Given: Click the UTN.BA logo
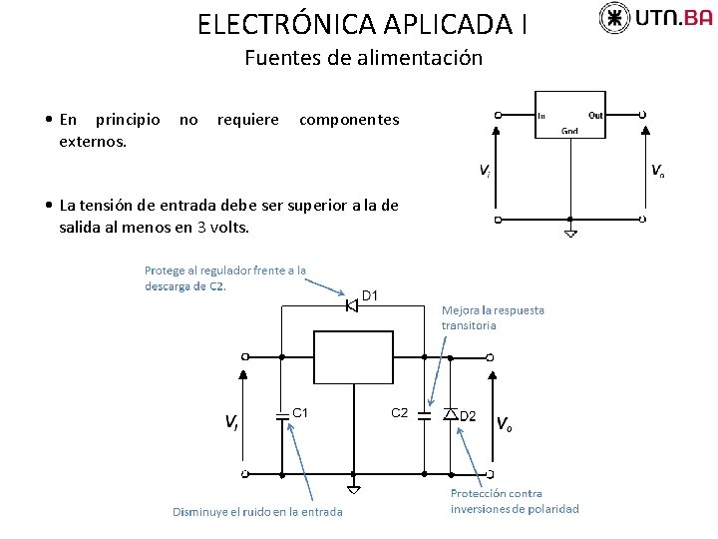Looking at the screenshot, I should [656, 17].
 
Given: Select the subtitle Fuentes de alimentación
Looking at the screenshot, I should [363, 58].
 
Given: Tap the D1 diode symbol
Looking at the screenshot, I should [351, 304].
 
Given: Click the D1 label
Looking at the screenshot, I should [370, 295].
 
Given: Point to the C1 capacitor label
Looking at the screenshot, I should [300, 411].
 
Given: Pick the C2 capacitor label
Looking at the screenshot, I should [399, 412].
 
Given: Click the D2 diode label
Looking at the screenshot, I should [468, 416].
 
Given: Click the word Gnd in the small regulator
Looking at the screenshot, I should [570, 131].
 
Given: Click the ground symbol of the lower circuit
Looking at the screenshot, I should [353, 488].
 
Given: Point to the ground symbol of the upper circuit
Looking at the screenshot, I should [569, 234].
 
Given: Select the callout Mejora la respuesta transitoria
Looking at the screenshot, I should [493, 317].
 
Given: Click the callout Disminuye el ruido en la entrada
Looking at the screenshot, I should [257, 512].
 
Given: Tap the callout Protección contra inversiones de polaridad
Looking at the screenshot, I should [514, 501].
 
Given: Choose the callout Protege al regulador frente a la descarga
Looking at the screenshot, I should [225, 277].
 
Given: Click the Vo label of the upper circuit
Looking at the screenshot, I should [658, 171].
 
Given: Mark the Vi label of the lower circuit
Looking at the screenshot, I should [230, 422].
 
